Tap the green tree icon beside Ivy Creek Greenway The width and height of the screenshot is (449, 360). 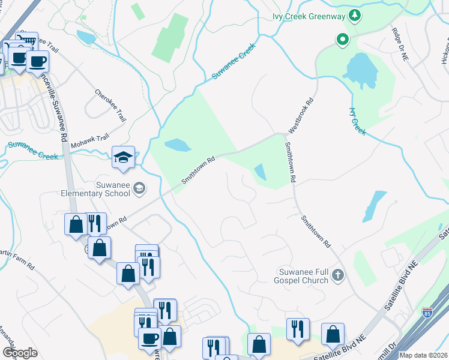pyautogui.click(x=355, y=15)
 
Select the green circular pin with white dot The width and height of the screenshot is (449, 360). pyautogui.click(x=343, y=40)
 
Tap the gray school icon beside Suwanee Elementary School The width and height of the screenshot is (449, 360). pyautogui.click(x=139, y=189)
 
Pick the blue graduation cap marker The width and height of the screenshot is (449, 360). pyautogui.click(x=123, y=158)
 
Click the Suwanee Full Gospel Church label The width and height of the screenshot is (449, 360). pyautogui.click(x=303, y=276)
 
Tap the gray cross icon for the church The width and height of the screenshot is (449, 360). pyautogui.click(x=338, y=276)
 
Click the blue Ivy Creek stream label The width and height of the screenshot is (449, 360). pyautogui.click(x=357, y=121)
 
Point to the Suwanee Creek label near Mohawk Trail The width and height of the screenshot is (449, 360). pyautogui.click(x=33, y=151)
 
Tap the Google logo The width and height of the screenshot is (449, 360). pyautogui.click(x=20, y=352)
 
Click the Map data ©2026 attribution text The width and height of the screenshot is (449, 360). pyautogui.click(x=423, y=355)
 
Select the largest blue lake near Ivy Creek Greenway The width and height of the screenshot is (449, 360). pyautogui.click(x=359, y=69)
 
